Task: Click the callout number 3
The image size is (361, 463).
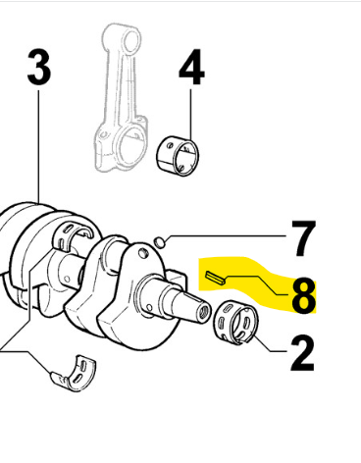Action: tap(39, 68)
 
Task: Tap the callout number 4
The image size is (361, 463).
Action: tap(191, 68)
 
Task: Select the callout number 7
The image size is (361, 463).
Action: tap(303, 238)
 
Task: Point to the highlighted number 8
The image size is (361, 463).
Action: tap(303, 295)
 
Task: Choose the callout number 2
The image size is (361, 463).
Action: tap(302, 353)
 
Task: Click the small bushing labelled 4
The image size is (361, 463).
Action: tap(178, 154)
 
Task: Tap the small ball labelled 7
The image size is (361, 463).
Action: tap(160, 242)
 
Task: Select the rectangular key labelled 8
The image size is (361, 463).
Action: tap(215, 278)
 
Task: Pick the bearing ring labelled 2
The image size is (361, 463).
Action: tap(236, 323)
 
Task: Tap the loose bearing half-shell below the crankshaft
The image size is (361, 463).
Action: tap(74, 374)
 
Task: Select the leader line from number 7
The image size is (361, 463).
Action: tap(228, 236)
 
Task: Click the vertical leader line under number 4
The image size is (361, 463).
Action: tap(191, 115)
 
